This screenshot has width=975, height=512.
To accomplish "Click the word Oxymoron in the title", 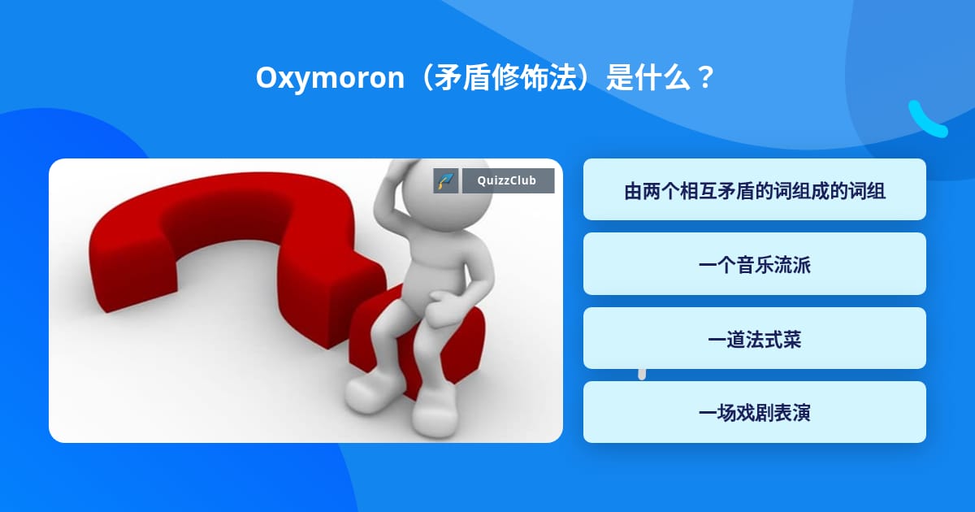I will pyautogui.click(x=329, y=79).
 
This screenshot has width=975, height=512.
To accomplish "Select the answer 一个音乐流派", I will pyautogui.click(x=754, y=264).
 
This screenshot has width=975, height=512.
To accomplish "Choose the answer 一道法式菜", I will pyautogui.click(x=754, y=339).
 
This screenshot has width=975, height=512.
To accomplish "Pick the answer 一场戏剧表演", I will pyautogui.click(x=754, y=413).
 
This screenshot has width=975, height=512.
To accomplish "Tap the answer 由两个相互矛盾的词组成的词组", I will pyautogui.click(x=754, y=192).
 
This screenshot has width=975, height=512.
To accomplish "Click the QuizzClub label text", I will pyautogui.click(x=508, y=180).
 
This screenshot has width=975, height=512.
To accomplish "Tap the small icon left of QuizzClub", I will pyautogui.click(x=446, y=181).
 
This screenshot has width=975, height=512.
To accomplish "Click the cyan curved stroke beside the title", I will pyautogui.click(x=926, y=119).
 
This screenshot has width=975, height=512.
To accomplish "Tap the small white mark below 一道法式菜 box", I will pyautogui.click(x=642, y=375).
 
